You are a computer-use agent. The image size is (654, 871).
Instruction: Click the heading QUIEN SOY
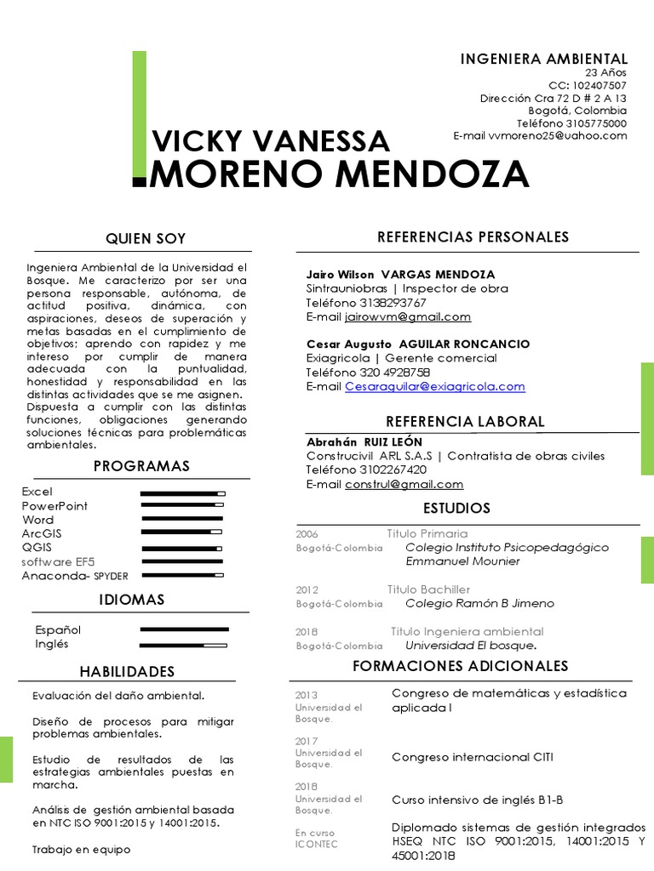145,238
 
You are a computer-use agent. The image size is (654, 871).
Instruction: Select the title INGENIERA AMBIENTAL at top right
544,59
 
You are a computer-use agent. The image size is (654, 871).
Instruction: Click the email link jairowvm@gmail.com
408,316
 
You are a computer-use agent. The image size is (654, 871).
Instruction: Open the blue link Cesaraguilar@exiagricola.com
434,386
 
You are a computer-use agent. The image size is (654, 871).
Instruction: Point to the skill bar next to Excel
182,492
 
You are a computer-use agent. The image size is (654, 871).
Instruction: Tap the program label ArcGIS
42,533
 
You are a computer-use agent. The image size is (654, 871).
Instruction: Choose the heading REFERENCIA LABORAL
465,422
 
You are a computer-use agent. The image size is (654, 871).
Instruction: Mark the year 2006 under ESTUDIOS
307,534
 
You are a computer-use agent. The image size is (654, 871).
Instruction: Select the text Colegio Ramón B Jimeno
479,603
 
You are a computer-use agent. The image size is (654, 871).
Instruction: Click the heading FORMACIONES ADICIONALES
460,666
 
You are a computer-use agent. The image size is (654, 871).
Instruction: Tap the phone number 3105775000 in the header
595,123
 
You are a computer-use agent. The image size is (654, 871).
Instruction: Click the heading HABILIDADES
127,672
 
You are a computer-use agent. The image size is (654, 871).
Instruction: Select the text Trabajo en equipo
81,849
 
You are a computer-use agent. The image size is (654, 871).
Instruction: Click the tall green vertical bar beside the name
139,115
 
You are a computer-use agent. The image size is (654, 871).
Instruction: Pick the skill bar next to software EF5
182,562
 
